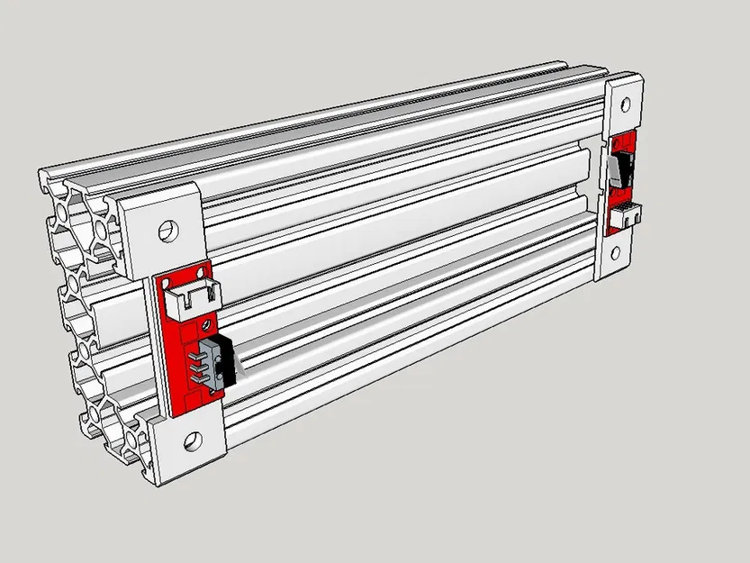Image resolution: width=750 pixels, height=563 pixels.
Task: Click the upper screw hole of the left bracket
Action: (x=167, y=228)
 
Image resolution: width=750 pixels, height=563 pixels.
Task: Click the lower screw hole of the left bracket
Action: (x=192, y=441)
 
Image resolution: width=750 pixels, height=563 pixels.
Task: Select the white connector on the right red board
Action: (x=623, y=216)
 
